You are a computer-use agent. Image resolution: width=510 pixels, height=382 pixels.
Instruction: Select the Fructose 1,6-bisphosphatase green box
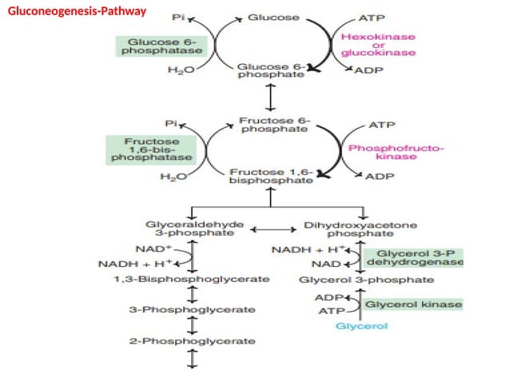(x=152, y=149)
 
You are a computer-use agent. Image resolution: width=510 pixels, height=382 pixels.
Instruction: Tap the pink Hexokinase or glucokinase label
(x=378, y=46)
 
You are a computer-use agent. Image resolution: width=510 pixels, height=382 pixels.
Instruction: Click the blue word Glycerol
(x=362, y=327)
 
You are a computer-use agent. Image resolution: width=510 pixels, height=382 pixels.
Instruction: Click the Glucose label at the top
(x=273, y=17)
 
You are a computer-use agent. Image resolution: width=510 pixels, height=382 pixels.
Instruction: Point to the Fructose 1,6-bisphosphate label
(x=271, y=177)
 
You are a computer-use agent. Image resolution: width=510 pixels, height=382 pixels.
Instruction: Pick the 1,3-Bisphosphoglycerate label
(x=192, y=281)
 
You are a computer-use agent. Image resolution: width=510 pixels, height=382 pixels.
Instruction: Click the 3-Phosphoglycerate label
(x=192, y=310)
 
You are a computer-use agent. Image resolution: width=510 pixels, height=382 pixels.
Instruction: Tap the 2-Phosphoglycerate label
(x=192, y=341)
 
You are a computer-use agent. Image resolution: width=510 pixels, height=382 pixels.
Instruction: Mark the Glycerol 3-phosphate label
(x=366, y=281)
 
